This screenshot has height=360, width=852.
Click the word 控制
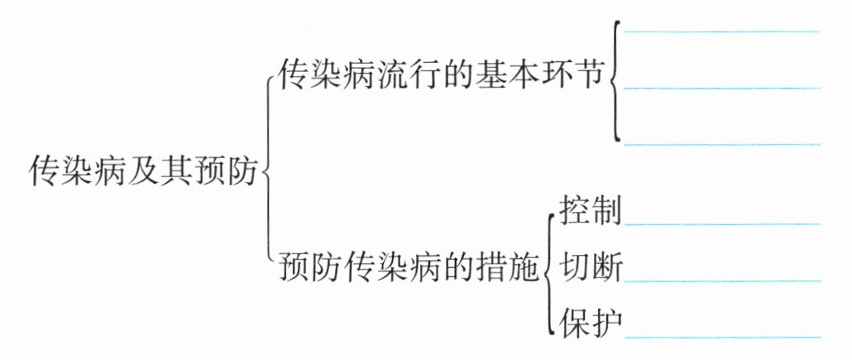pyautogui.click(x=590, y=211)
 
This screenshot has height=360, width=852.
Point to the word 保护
pyautogui.click(x=590, y=322)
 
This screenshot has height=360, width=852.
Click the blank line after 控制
pyautogui.click(x=722, y=223)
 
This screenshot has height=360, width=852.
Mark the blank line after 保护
pyautogui.click(x=722, y=336)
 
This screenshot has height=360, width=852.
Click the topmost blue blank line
pyautogui.click(x=722, y=31)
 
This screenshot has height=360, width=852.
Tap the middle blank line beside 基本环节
pyautogui.click(x=722, y=87)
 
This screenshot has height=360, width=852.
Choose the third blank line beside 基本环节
pyautogui.click(x=722, y=143)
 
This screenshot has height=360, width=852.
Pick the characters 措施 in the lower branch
pyautogui.click(x=508, y=268)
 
